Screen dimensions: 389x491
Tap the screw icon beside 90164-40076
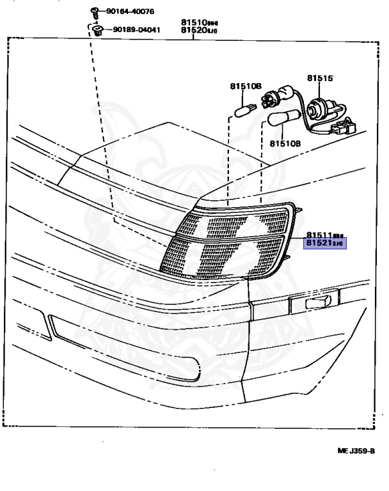click(x=93, y=10)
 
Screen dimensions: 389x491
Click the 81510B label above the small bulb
click(x=246, y=85)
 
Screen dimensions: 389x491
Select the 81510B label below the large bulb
click(x=285, y=144)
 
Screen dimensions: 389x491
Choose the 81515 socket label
click(x=320, y=78)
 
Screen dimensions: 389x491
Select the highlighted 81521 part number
click(x=325, y=244)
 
